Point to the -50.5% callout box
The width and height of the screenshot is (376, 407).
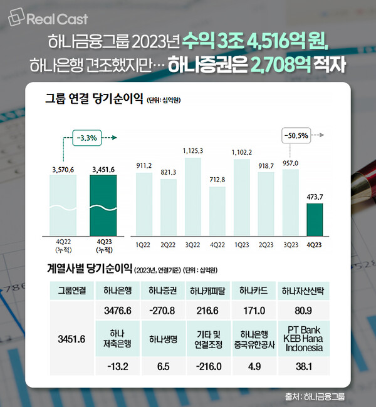[295, 135]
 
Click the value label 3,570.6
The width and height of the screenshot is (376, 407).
[63, 169]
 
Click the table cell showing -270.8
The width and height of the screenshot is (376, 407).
[161, 311]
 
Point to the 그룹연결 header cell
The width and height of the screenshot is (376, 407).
[70, 291]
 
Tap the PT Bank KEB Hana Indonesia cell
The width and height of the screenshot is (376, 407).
[304, 339]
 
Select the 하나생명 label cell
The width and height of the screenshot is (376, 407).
[161, 339]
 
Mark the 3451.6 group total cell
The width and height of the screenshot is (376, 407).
[70, 339]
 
